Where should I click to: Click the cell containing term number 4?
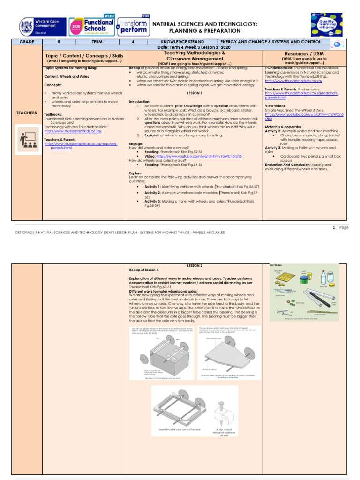pos(133,42)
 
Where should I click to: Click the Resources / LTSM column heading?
pos(305,54)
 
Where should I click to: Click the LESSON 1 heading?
pos(194,93)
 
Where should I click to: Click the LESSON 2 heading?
pos(194,265)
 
